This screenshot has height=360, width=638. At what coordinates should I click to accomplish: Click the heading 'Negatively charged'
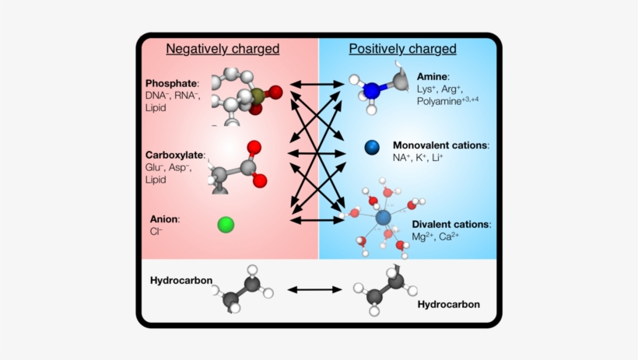[x=223, y=49]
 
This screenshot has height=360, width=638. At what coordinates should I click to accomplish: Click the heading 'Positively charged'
[x=402, y=49]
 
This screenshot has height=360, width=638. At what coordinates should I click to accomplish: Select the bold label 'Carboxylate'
[x=174, y=156]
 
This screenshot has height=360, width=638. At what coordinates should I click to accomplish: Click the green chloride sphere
[x=226, y=225]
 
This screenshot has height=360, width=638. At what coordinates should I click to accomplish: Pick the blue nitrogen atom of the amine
[x=373, y=90]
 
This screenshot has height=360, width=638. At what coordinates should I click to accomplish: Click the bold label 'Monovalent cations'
[x=440, y=145]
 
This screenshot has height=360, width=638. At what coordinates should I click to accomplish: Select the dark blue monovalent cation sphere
[x=371, y=146]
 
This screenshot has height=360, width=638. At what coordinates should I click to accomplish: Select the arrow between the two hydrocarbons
[x=316, y=289]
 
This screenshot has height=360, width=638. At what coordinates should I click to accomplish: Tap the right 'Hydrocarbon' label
[x=449, y=304]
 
